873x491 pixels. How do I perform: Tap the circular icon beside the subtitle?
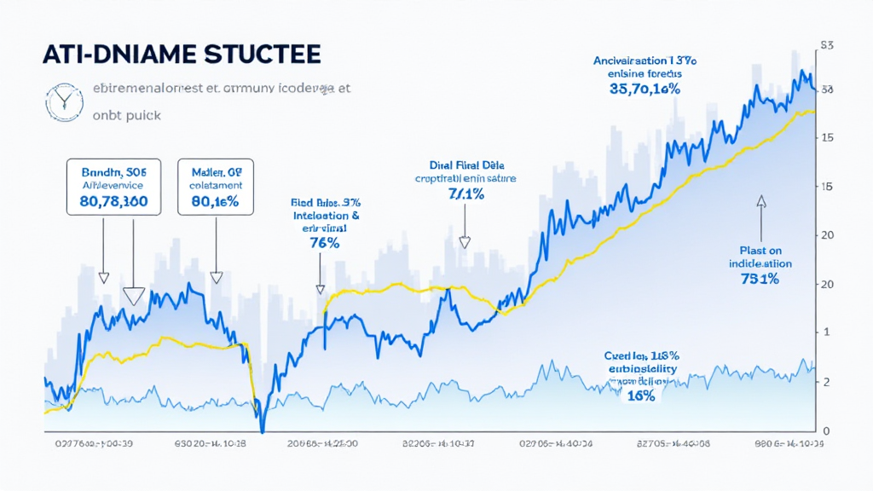tap(61, 101)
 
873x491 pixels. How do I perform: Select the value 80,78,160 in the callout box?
tap(107, 202)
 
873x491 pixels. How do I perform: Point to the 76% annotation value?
tap(326, 242)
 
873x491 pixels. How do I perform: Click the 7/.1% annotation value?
tap(465, 195)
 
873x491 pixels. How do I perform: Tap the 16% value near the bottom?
tap(640, 396)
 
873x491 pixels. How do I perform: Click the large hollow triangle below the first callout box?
tap(132, 296)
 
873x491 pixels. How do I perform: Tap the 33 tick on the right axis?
tap(826, 90)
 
